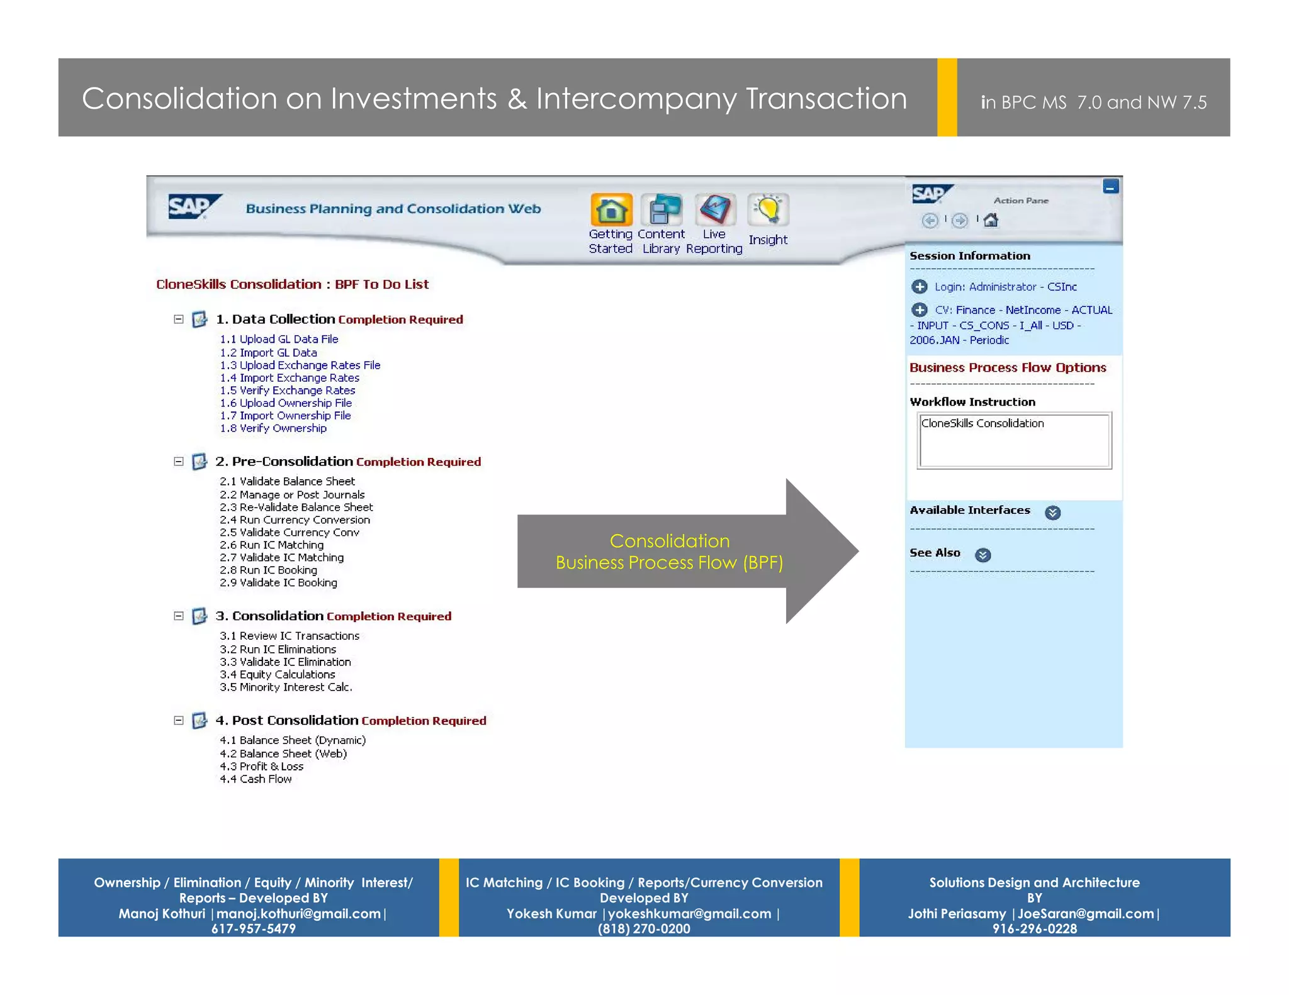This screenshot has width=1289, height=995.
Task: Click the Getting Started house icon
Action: tap(611, 210)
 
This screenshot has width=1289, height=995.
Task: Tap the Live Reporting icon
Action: tap(714, 210)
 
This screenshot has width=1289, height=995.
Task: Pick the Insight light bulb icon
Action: tap(768, 210)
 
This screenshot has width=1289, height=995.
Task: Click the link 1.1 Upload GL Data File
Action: tap(279, 339)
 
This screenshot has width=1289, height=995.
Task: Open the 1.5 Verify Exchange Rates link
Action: tap(287, 391)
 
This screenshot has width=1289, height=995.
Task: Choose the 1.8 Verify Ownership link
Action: tap(273, 428)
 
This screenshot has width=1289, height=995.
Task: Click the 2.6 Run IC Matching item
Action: tap(271, 545)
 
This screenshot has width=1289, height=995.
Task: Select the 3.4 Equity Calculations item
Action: tap(277, 675)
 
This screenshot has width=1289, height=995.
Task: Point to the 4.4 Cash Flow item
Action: tap(256, 779)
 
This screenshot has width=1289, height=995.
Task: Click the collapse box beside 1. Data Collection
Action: tap(179, 320)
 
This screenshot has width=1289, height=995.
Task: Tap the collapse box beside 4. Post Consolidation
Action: tap(179, 721)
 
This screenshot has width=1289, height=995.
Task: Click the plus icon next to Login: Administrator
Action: tap(920, 287)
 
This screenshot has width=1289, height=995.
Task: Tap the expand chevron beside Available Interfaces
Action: tap(1052, 513)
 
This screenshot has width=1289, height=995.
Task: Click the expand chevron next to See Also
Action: tap(982, 555)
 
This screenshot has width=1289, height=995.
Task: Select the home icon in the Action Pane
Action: tap(991, 220)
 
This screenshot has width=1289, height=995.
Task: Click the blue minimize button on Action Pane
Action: tap(1110, 187)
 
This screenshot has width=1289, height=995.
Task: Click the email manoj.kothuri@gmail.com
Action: tap(299, 914)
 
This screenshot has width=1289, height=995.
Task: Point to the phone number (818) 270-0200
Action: tap(644, 929)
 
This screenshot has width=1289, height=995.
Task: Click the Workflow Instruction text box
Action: tap(1015, 440)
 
